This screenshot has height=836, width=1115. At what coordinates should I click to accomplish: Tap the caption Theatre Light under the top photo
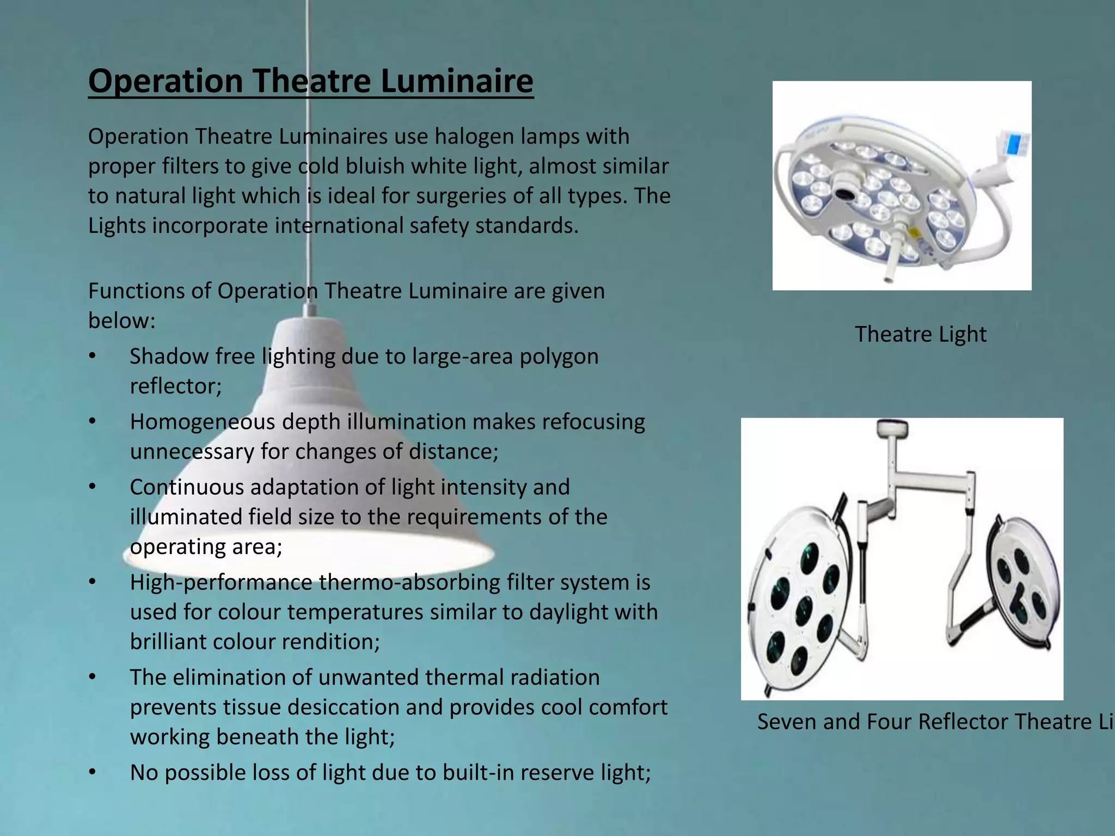click(920, 334)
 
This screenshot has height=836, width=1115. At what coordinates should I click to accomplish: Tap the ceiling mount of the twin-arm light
click(891, 428)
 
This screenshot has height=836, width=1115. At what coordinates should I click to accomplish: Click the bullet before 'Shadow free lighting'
click(93, 356)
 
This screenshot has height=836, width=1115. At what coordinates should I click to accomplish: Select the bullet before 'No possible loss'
click(93, 773)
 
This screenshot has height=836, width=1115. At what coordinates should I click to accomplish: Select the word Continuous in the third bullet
click(187, 487)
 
